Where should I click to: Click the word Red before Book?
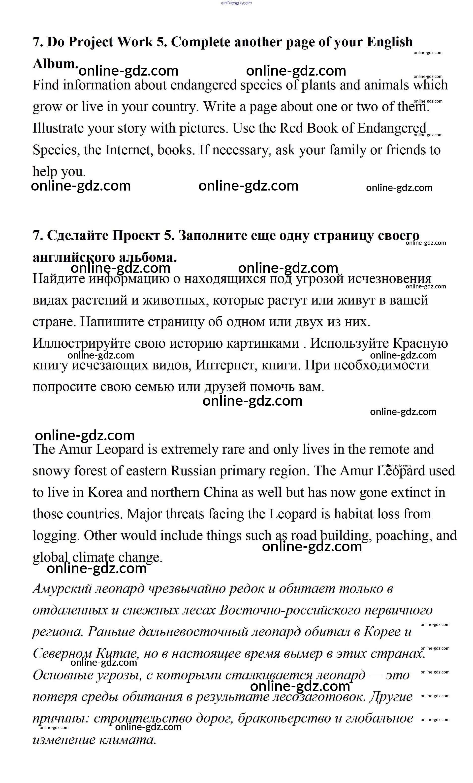[290, 128]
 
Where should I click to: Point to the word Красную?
[420, 343]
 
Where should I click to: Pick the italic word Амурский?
[62, 588]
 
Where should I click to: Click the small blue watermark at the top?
[236, 2]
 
